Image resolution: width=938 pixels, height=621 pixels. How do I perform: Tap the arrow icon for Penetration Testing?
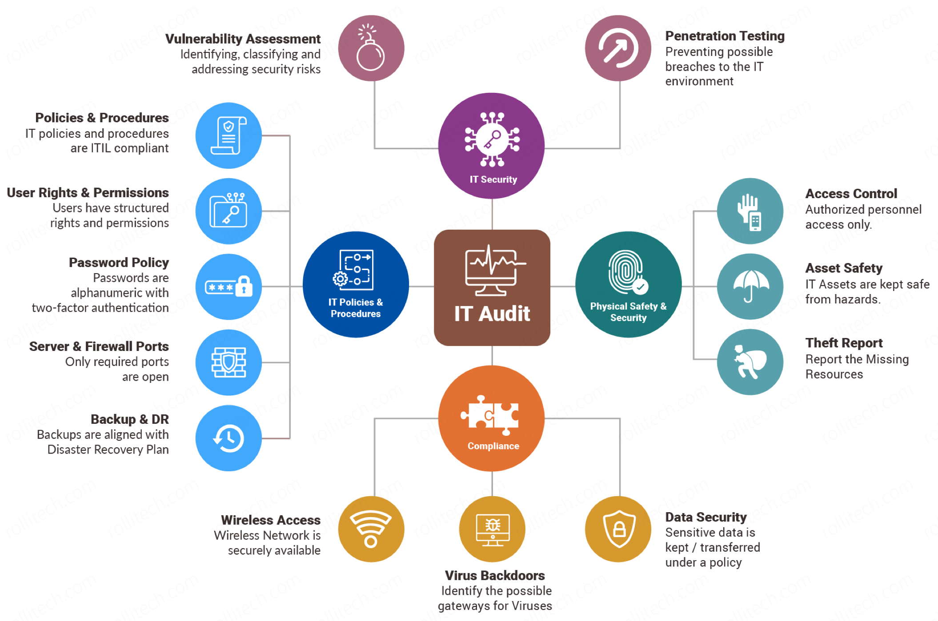coord(618,48)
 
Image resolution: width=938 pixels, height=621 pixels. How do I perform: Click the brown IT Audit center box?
coord(492,287)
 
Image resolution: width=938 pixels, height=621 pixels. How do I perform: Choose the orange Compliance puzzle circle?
coord(492,418)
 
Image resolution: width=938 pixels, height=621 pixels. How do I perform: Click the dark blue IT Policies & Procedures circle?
coord(356,284)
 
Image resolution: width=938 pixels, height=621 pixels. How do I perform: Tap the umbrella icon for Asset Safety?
coord(750,287)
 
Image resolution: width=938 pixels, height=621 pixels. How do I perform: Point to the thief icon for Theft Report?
coord(750,362)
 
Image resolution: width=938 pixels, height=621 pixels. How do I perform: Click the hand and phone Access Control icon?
coord(750,211)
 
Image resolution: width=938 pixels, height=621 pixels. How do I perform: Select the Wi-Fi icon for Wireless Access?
coord(371,529)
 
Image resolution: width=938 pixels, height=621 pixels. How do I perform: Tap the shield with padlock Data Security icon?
coord(618,529)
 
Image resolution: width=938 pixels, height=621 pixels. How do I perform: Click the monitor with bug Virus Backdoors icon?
coord(493,529)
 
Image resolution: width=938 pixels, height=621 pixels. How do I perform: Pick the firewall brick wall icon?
coord(228,362)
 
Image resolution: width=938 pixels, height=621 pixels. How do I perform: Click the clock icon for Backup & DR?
coord(228,438)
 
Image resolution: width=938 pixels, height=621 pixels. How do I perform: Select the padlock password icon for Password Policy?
coord(228,287)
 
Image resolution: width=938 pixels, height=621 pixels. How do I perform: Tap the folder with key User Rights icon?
coord(228,211)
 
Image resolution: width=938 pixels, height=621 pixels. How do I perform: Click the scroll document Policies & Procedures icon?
coord(228,135)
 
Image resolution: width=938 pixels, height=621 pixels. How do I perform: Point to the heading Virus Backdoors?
coord(495,576)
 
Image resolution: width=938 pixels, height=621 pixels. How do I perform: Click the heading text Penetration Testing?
coord(725,36)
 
